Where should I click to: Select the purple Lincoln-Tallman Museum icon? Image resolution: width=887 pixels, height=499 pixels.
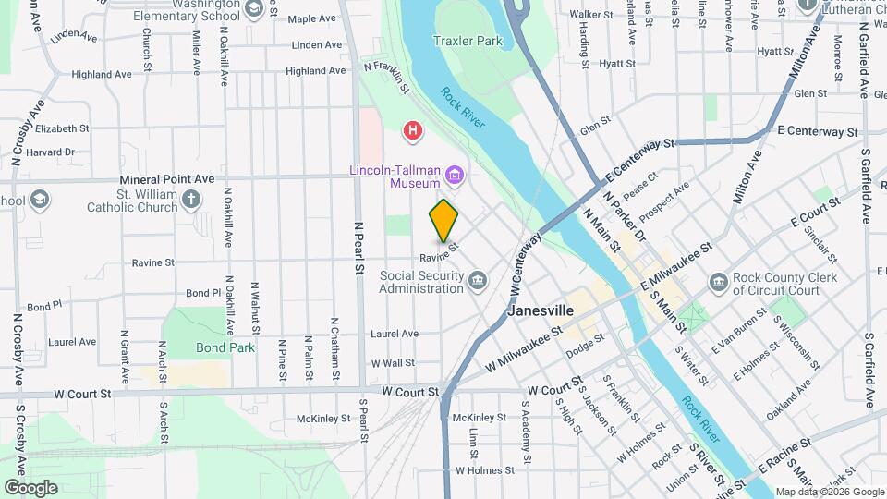point(454,174)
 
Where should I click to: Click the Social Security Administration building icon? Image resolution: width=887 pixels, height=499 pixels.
point(477,280)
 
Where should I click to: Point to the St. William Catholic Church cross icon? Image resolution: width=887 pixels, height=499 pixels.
point(190,200)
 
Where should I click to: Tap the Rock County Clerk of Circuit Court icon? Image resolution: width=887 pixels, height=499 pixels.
point(719,281)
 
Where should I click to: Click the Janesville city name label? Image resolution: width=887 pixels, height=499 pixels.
point(541,310)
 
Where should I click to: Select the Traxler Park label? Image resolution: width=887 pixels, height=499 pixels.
point(468,41)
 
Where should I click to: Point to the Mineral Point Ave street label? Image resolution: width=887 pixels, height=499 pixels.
point(166,178)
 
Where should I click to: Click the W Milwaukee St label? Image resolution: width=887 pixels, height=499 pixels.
point(523,345)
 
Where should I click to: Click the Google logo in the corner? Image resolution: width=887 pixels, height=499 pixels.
point(30,487)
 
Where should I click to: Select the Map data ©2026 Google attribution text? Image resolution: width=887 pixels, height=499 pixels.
point(829,492)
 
